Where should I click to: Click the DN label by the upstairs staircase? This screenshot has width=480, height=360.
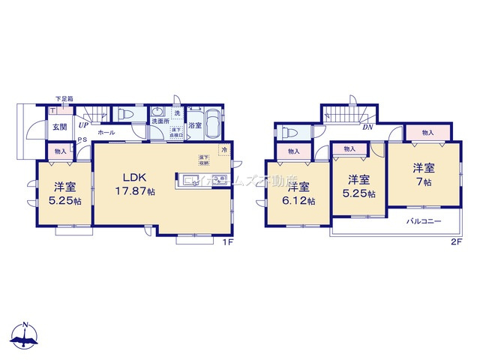point(368,127)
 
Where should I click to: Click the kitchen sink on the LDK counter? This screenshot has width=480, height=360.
point(188,179)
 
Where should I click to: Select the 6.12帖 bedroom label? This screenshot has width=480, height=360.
point(298,193)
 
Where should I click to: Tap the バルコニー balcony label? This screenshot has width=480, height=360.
point(424,222)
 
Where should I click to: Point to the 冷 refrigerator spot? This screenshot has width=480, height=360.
point(223,150)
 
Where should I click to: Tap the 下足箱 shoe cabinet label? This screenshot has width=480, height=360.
point(63,99)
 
